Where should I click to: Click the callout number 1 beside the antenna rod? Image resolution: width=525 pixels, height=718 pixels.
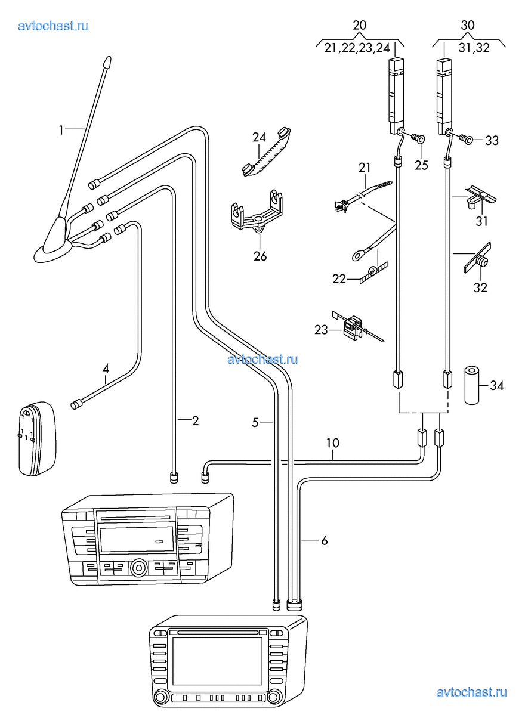tap(61, 130)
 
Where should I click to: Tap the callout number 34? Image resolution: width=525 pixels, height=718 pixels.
tap(496, 385)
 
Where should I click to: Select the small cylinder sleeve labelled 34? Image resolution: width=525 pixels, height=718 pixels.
tap(472, 386)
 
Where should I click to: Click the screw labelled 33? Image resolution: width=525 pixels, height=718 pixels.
tap(466, 138)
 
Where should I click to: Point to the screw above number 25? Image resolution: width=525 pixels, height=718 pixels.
tap(419, 138)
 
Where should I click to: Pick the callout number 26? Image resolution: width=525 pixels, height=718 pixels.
tap(260, 256)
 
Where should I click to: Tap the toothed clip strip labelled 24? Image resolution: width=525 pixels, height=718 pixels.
tap(266, 151)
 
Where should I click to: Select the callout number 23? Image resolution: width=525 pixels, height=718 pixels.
tap(321, 330)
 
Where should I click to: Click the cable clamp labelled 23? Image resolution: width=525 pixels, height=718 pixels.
tap(354, 327)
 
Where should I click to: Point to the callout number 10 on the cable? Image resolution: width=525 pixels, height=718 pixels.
tap(332, 443)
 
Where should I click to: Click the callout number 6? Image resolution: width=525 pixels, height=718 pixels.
tap(324, 541)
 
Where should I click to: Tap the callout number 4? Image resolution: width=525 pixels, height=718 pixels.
tap(106, 369)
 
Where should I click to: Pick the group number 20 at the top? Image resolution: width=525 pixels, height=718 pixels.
tap(359, 25)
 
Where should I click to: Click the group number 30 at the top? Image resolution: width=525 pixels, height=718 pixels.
tap(467, 25)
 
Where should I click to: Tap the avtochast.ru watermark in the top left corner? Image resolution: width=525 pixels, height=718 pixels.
tap(53, 26)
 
